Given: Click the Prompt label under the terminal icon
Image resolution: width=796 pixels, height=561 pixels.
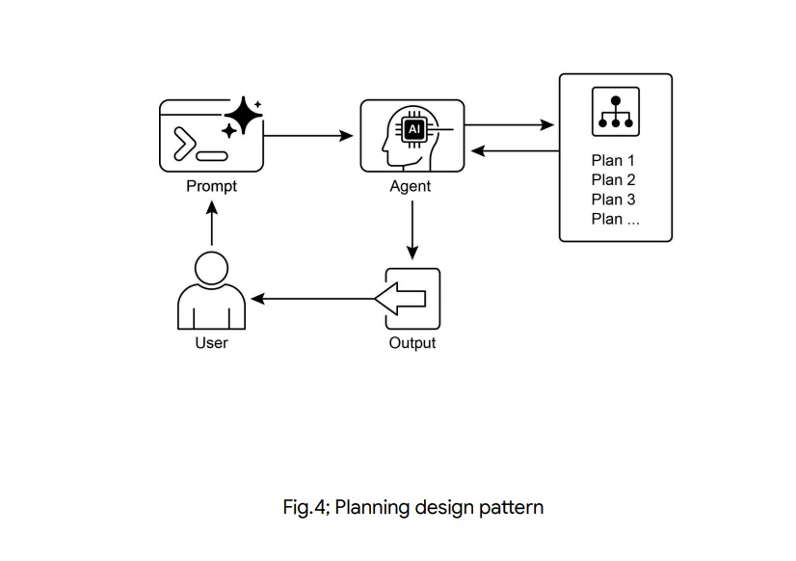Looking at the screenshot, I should click(211, 187).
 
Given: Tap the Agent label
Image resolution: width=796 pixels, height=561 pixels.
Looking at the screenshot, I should click(411, 187).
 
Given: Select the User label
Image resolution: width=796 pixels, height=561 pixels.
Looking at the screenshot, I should click(211, 343).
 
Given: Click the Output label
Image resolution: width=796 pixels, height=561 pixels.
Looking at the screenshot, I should click(412, 343).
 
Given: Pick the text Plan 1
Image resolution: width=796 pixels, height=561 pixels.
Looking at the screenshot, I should click(614, 160).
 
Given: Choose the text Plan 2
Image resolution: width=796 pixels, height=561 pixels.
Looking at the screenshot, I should click(614, 179).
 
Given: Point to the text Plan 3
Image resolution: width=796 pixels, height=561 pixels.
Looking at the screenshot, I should click(614, 200).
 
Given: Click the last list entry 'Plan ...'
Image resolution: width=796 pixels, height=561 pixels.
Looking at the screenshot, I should click(616, 219).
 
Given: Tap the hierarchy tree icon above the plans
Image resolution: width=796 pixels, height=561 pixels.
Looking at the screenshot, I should click(616, 113).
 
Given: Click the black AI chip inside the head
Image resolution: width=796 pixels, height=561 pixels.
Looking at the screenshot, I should click(414, 128).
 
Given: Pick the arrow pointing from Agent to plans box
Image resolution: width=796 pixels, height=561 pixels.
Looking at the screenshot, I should click(511, 125).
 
